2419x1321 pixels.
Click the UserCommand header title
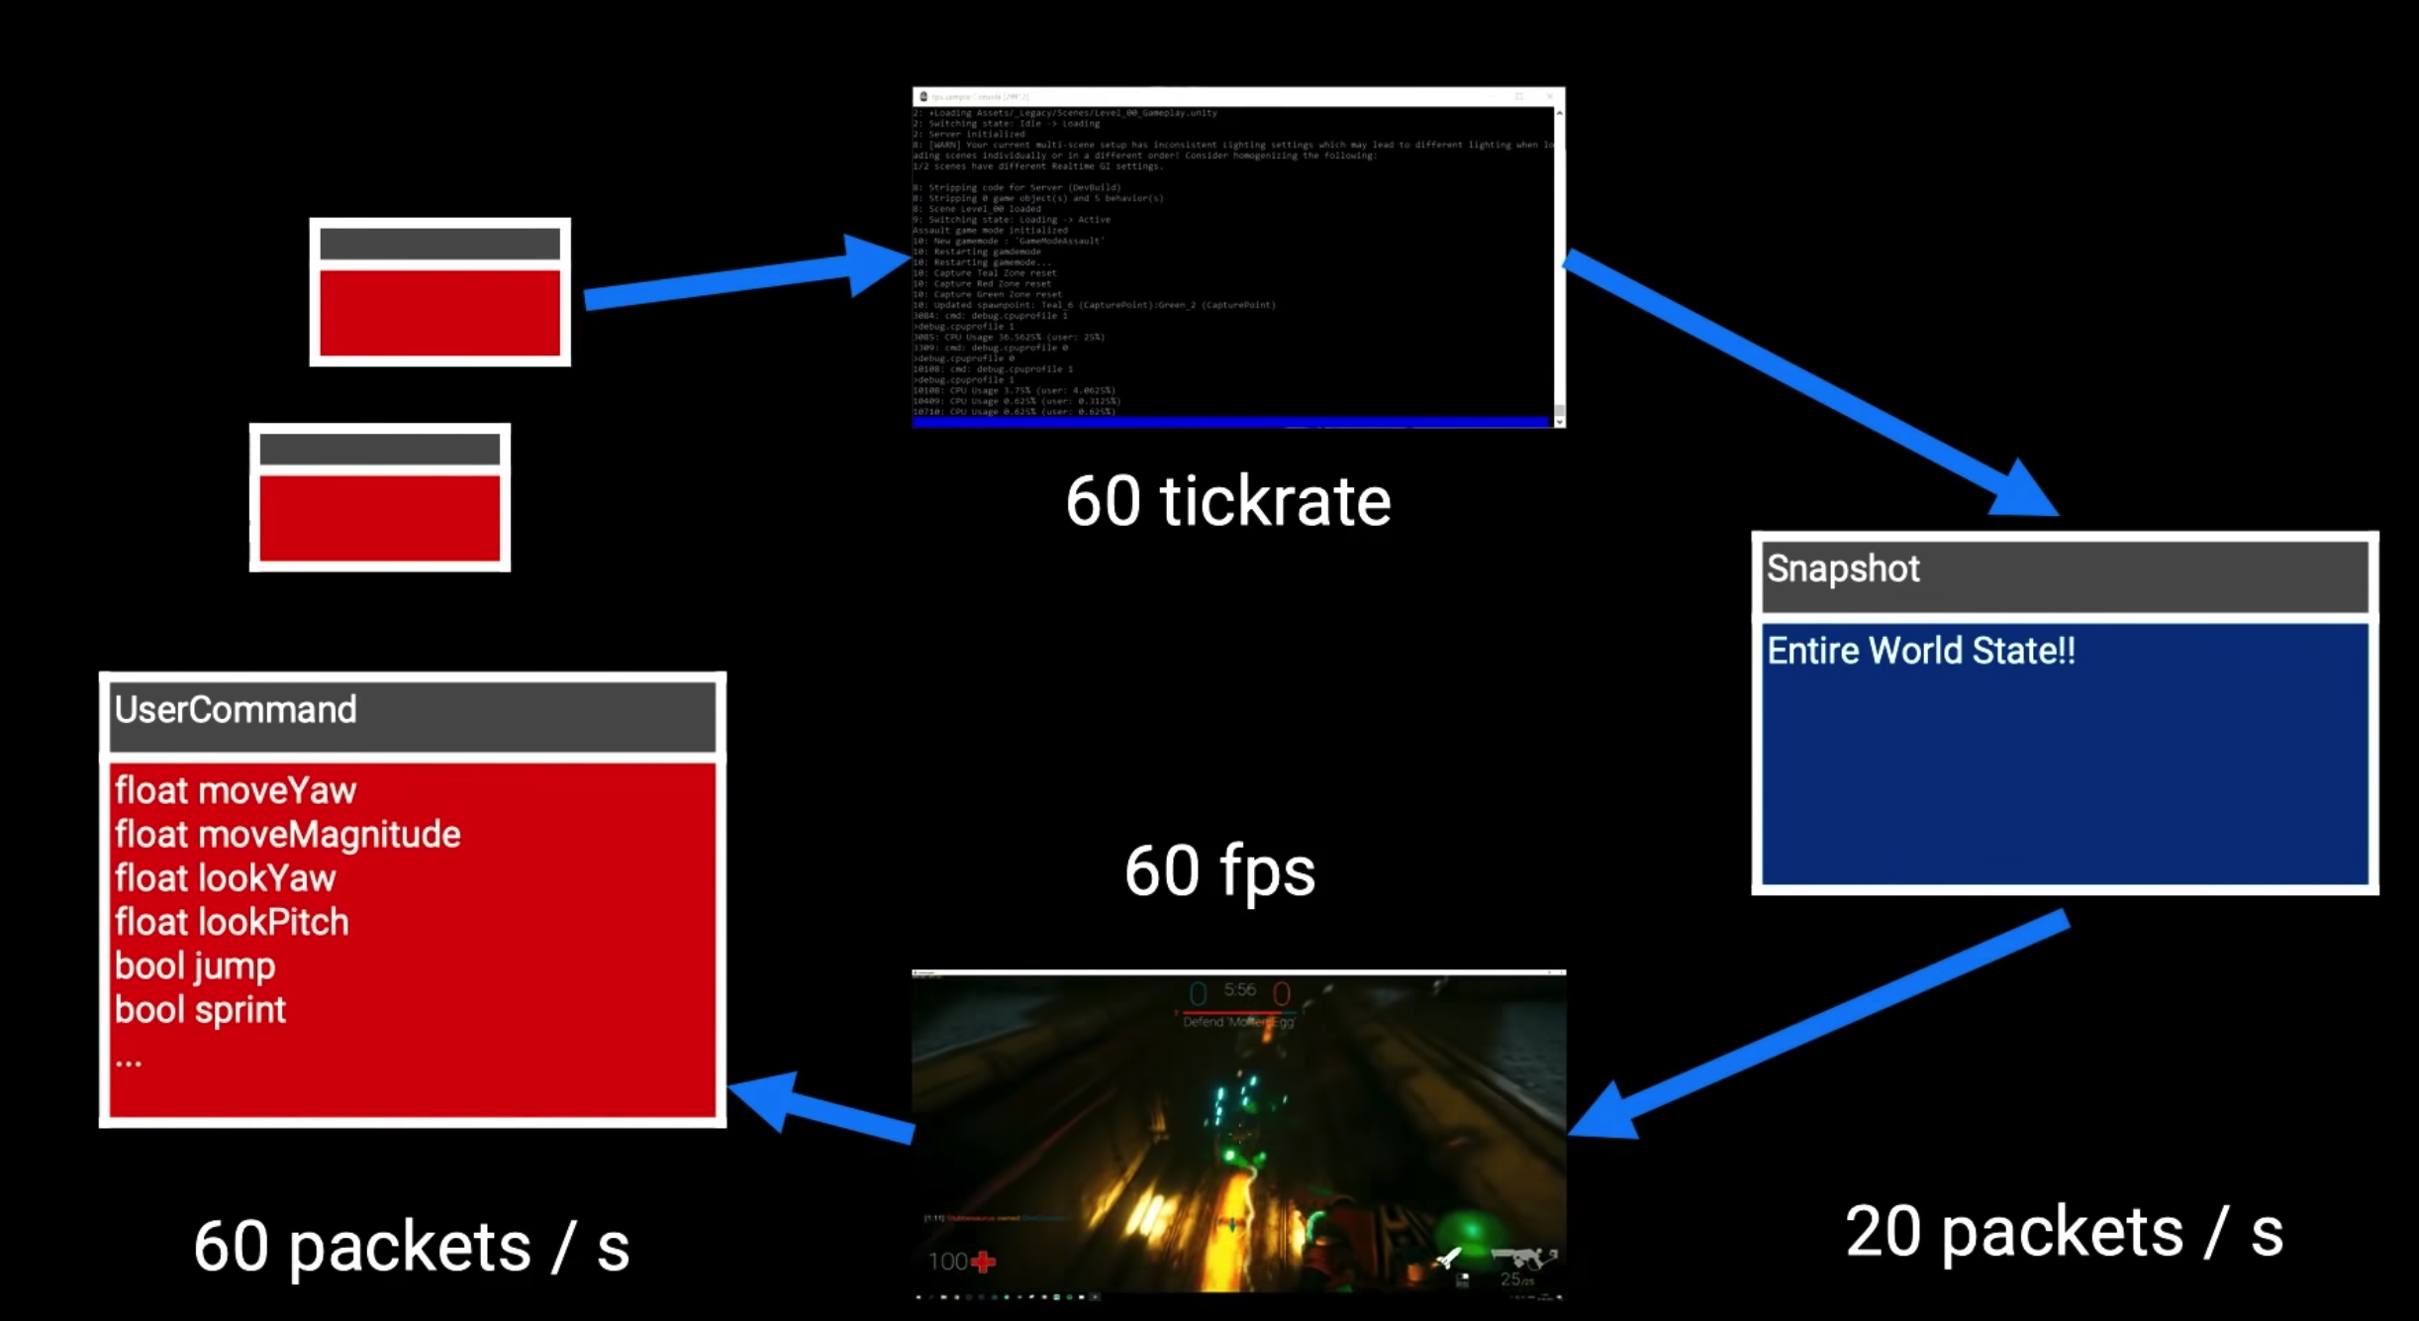point(236,710)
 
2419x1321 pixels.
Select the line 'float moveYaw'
point(236,791)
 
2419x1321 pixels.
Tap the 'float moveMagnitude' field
point(287,835)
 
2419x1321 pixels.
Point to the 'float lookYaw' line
point(226,878)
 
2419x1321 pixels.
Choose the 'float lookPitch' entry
point(232,923)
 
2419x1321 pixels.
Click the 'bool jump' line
point(195,966)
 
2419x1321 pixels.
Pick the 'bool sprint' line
point(200,1010)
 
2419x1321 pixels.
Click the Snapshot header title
point(1842,569)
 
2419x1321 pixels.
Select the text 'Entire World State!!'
point(1920,652)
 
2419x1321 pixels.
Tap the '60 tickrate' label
point(1227,502)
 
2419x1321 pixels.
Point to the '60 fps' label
point(1219,871)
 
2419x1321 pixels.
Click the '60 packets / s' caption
point(411,1247)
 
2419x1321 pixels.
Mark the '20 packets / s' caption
point(2064,1233)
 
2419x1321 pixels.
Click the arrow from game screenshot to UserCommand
point(822,1107)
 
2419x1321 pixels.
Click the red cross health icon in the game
point(983,1263)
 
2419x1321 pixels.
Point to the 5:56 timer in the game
point(1239,990)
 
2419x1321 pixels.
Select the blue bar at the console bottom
point(1229,422)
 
